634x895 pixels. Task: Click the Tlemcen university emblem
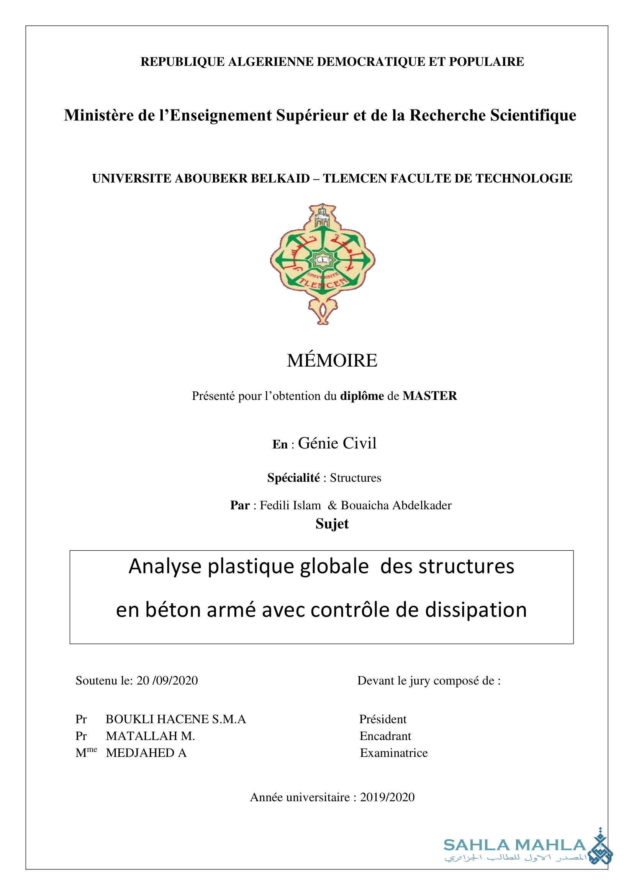(x=323, y=264)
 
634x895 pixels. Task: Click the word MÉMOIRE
(x=332, y=360)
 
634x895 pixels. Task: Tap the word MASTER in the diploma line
(x=429, y=396)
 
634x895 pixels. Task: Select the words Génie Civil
(x=337, y=443)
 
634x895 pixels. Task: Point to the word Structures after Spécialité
(x=355, y=478)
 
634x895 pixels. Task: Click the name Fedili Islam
(x=290, y=505)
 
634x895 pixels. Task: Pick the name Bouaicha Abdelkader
(x=396, y=505)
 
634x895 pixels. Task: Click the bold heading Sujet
(x=332, y=524)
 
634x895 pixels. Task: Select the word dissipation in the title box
(x=476, y=610)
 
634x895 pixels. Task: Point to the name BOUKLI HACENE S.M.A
(x=176, y=719)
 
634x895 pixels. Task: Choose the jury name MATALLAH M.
(x=150, y=736)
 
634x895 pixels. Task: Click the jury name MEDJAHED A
(x=146, y=753)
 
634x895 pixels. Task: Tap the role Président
(x=383, y=719)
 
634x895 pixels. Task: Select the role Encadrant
(x=385, y=736)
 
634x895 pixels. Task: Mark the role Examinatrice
(x=393, y=753)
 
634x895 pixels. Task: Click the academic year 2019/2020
(x=387, y=797)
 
